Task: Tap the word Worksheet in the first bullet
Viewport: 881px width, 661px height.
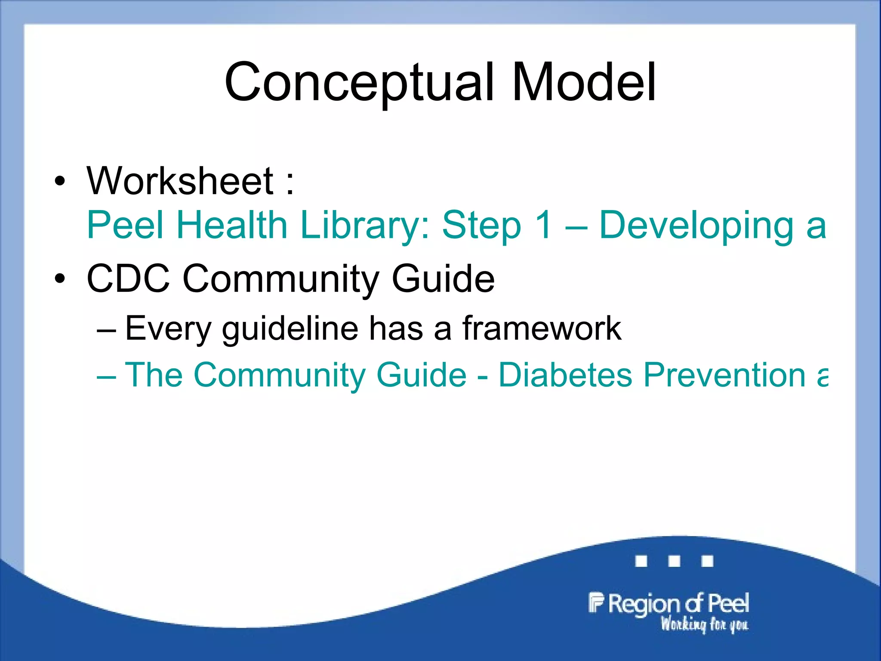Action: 180,181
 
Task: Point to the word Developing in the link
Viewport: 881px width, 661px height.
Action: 696,225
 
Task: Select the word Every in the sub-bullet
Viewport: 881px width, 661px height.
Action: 168,329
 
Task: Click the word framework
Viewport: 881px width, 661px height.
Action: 542,329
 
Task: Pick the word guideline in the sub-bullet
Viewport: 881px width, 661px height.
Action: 290,329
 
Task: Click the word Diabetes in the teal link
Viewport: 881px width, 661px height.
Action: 565,375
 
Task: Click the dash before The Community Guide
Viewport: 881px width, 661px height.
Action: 106,376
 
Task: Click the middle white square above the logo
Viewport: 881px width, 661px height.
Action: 674,561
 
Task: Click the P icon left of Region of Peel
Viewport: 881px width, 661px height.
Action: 596,602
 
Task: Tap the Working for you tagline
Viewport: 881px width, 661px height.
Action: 704,624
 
